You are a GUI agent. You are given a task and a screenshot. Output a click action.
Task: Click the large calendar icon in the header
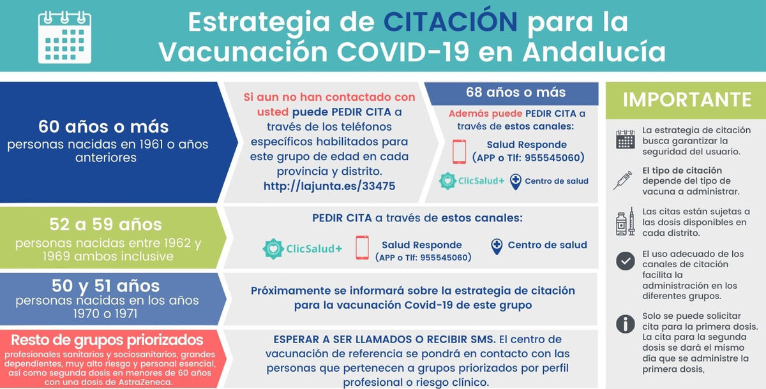coord(64,37)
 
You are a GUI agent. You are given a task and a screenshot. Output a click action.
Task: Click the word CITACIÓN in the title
coord(451,21)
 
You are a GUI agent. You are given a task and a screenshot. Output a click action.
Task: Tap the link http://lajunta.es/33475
coord(329,186)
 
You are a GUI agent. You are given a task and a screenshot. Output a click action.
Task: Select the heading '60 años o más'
coord(103,127)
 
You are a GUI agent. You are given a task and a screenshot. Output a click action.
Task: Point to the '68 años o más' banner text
coord(516,92)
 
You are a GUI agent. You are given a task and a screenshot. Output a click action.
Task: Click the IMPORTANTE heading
coord(687,99)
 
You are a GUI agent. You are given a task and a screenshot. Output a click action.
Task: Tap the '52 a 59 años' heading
coord(105,224)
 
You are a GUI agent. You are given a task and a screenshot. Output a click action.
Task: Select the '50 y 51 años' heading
coord(105,286)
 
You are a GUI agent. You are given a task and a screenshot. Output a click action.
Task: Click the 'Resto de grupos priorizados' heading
coord(107,340)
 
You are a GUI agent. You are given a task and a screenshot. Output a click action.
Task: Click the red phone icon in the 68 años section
coord(459,152)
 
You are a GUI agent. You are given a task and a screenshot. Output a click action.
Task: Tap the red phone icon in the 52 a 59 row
coord(362,247)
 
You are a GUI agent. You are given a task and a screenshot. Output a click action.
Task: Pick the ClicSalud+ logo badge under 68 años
coord(447,180)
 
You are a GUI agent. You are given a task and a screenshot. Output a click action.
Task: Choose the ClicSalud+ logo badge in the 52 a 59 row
coord(273,249)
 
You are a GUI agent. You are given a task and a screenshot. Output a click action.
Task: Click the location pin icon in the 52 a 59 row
coord(497,247)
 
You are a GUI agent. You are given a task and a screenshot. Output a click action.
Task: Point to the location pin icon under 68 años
coord(515,182)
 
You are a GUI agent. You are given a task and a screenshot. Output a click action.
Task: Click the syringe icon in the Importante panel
coord(622,180)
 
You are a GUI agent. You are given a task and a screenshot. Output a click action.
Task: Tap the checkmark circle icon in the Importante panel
coord(626,261)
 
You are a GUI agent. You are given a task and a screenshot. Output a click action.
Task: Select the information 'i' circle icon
coord(626,324)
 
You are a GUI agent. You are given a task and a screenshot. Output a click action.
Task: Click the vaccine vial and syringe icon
coord(625,221)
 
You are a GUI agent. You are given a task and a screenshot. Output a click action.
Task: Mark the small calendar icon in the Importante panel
coord(626,140)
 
